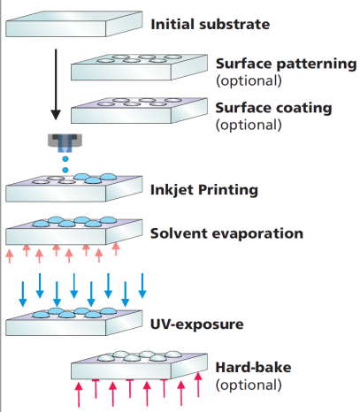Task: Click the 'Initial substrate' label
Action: [x=211, y=25]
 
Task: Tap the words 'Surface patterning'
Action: [x=286, y=65]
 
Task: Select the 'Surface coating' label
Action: [x=273, y=108]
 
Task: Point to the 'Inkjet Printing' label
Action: [x=204, y=190]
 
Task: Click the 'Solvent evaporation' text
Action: [x=226, y=233]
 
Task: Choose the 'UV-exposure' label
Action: [x=197, y=324]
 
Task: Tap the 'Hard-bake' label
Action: [x=253, y=368]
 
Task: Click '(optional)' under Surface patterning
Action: [x=249, y=80]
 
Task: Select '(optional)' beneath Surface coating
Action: [x=249, y=125]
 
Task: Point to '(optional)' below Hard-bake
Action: [x=249, y=385]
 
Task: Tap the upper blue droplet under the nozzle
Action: [x=65, y=159]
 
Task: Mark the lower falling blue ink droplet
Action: [x=65, y=170]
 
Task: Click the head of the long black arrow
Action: [x=56, y=115]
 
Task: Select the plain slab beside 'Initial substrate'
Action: [x=74, y=24]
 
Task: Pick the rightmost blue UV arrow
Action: [x=142, y=286]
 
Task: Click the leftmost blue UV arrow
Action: [x=23, y=294]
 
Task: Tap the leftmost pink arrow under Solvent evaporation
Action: [x=10, y=256]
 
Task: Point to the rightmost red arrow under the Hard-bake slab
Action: [x=198, y=385]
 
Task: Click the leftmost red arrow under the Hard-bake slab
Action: [x=79, y=394]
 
